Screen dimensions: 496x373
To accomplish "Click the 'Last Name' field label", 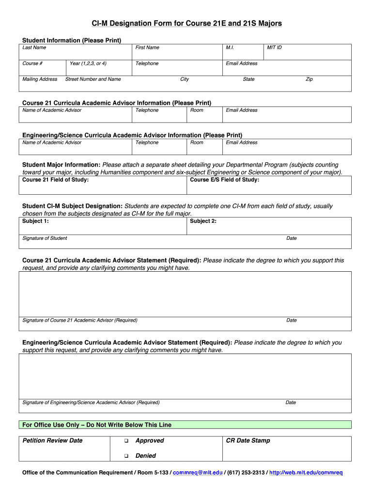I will coord(34,47).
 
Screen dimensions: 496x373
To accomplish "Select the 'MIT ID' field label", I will coord(274,47).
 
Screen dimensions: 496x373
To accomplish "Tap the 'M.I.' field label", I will coord(230,47).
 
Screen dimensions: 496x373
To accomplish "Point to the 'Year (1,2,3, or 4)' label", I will coord(88,63).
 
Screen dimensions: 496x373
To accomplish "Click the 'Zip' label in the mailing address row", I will coord(309,79).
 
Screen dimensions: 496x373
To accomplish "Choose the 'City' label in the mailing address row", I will coord(185,79).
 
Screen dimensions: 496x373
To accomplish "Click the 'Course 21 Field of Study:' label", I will coord(56,180).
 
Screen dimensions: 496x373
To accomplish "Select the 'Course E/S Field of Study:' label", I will coord(224,180).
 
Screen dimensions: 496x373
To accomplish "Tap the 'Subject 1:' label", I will coord(36,221).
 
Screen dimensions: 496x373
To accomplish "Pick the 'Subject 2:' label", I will coord(203,221).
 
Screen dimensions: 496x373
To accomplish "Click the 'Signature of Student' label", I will coord(45,238).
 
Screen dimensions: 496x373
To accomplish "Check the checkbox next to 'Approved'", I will coord(125,441).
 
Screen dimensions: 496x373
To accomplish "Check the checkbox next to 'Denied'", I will coord(125,456).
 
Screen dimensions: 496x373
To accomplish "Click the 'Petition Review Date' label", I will coord(53,441).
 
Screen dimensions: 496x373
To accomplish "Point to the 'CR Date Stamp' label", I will coord(248,441).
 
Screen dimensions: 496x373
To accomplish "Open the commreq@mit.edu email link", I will coord(198,473).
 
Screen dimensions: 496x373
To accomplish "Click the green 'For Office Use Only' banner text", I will coord(97,425).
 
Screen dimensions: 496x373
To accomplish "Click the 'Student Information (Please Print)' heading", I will coord(72,40).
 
